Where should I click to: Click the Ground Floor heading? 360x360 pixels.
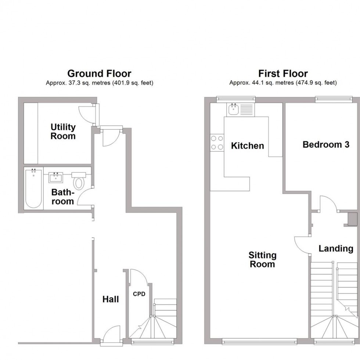[x=99, y=74]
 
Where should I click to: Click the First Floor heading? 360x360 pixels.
[x=283, y=74]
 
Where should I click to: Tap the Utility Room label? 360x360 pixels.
[x=63, y=132]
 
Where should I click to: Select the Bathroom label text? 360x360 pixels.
[x=62, y=197]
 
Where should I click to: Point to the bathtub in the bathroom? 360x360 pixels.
[x=33, y=188]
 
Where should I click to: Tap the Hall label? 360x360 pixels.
[x=111, y=299]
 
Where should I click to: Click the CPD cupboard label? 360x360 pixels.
[x=139, y=294]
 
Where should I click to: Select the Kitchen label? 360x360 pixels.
[x=248, y=146]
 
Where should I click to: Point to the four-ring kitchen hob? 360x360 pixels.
[x=217, y=143]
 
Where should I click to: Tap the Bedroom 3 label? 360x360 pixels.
[x=326, y=145]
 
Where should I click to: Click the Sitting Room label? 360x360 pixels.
[x=262, y=259]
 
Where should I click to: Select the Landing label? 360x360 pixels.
[x=336, y=249]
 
